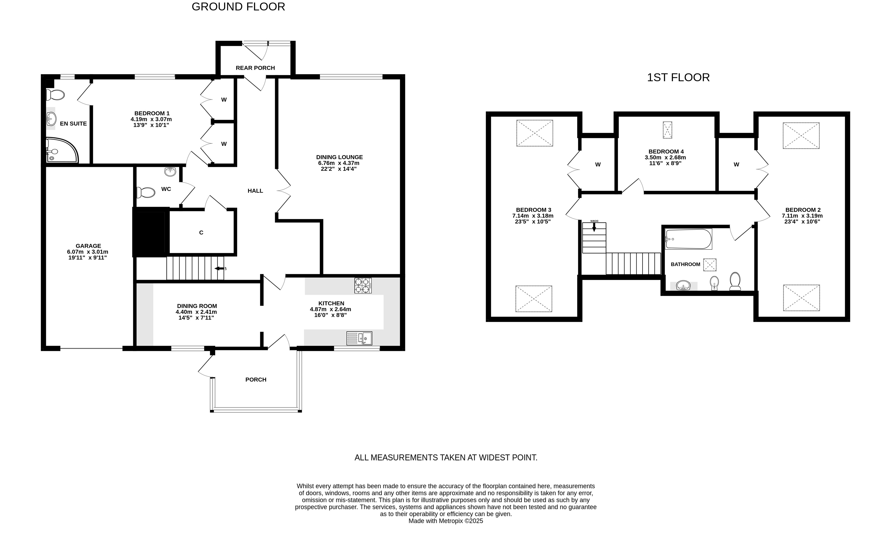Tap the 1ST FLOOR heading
(678, 78)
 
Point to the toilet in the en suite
(55, 95)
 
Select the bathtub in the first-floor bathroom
(688, 239)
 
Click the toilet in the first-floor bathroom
(735, 281)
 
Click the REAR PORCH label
(255, 68)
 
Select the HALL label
(255, 191)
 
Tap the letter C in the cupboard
(201, 232)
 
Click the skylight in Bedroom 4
(667, 130)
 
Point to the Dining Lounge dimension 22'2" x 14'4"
(339, 169)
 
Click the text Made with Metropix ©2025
(446, 521)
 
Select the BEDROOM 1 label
(152, 113)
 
